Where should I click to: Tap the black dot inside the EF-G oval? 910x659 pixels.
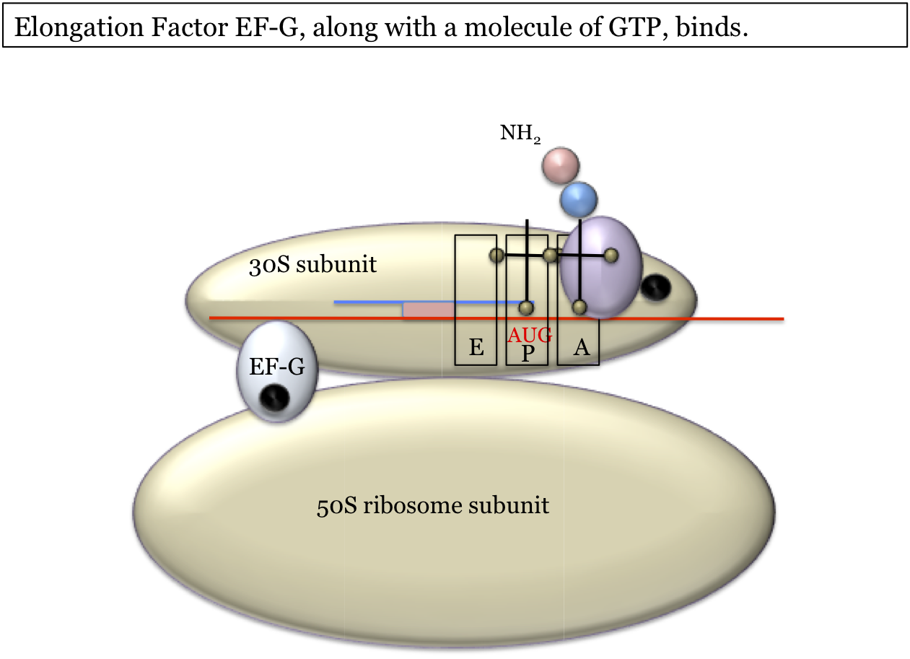(275, 398)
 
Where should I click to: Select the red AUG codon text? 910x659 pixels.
(530, 335)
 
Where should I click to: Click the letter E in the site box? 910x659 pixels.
(476, 349)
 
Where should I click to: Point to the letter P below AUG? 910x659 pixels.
(528, 354)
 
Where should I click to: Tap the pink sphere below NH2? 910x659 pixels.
(561, 165)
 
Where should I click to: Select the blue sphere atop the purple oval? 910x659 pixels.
(579, 198)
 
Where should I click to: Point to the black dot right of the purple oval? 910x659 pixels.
(655, 287)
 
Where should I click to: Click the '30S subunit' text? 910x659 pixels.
(312, 266)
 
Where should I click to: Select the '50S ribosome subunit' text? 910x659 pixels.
(433, 505)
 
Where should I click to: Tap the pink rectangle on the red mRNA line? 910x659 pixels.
(428, 310)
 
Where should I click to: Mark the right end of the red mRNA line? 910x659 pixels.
(782, 318)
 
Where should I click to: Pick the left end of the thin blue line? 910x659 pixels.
(336, 302)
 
